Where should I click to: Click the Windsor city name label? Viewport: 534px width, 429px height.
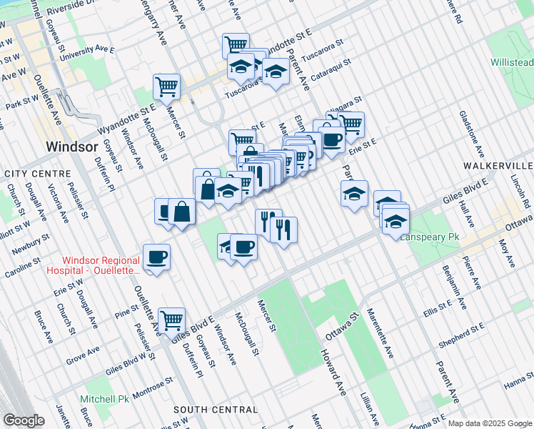click(x=71, y=146)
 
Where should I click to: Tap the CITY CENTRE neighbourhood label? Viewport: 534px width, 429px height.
click(x=37, y=174)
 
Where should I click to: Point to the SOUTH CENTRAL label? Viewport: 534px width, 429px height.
click(x=216, y=410)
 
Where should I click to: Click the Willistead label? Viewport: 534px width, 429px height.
click(x=512, y=63)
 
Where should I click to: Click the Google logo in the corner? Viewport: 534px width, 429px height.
click(x=24, y=420)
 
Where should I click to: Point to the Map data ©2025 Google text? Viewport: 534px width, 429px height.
click(x=489, y=423)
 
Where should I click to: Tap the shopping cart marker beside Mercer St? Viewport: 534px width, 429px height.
click(x=166, y=87)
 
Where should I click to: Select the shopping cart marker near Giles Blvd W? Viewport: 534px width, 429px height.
click(x=172, y=320)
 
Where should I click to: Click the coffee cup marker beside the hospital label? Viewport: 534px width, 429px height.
click(x=156, y=257)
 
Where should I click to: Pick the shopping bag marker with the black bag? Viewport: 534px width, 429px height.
click(x=183, y=211)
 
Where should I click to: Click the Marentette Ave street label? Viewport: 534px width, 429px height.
click(x=379, y=332)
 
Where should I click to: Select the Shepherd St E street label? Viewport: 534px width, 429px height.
click(x=463, y=335)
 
